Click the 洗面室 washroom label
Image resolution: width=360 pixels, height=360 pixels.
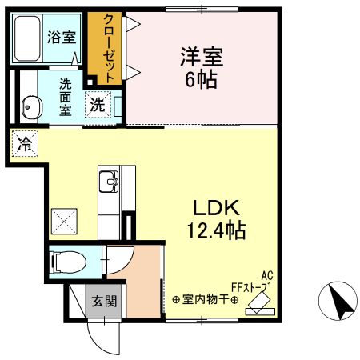(x=65, y=97)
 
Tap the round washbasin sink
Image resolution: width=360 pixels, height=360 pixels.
(x=30, y=105)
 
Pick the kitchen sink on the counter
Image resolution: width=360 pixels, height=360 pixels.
(x=109, y=183)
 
